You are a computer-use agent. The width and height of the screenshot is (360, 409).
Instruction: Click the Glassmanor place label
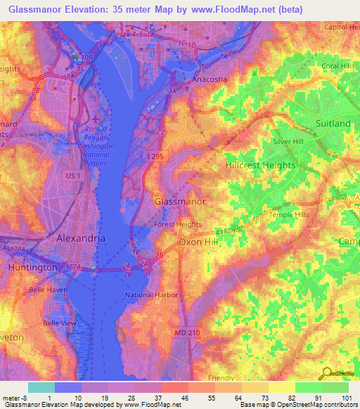[x=180, y=202]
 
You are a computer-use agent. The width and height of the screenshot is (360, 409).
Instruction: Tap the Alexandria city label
[x=81, y=238]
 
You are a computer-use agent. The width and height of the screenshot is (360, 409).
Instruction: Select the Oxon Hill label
[x=200, y=242]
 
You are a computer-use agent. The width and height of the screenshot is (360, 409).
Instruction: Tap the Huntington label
[x=32, y=268]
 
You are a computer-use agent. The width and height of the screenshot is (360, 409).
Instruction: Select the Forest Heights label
[x=178, y=225]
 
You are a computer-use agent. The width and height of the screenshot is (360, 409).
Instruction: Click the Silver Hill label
[x=290, y=141]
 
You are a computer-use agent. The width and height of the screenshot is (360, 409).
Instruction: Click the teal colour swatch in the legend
[x=41, y=387]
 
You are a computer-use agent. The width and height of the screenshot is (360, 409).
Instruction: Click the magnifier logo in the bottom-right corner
[x=325, y=375]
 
